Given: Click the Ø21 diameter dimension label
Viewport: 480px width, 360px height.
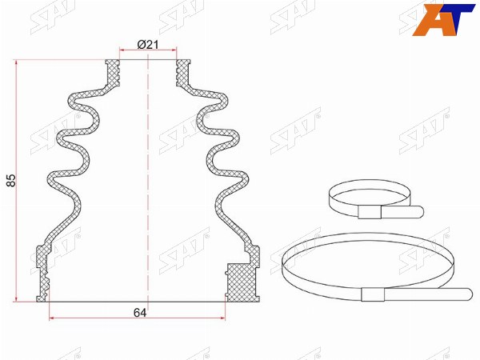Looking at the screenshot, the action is point(148,45).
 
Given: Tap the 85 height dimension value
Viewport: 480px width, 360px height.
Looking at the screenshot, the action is point(11,181).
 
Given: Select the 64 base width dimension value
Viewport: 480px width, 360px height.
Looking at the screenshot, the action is point(140,313).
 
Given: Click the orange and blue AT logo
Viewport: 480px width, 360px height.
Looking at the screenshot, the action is point(443,19).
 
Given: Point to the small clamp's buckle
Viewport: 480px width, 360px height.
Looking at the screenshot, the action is point(370,212).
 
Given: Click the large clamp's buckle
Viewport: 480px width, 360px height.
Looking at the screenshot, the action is point(373,294).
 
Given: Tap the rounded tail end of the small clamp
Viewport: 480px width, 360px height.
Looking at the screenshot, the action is point(419,211).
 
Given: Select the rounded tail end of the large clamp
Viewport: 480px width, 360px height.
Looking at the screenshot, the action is point(467,294).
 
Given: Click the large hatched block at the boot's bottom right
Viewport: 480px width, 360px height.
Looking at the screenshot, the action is point(242,282).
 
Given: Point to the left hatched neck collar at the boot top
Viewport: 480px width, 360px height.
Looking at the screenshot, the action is point(112,73).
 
